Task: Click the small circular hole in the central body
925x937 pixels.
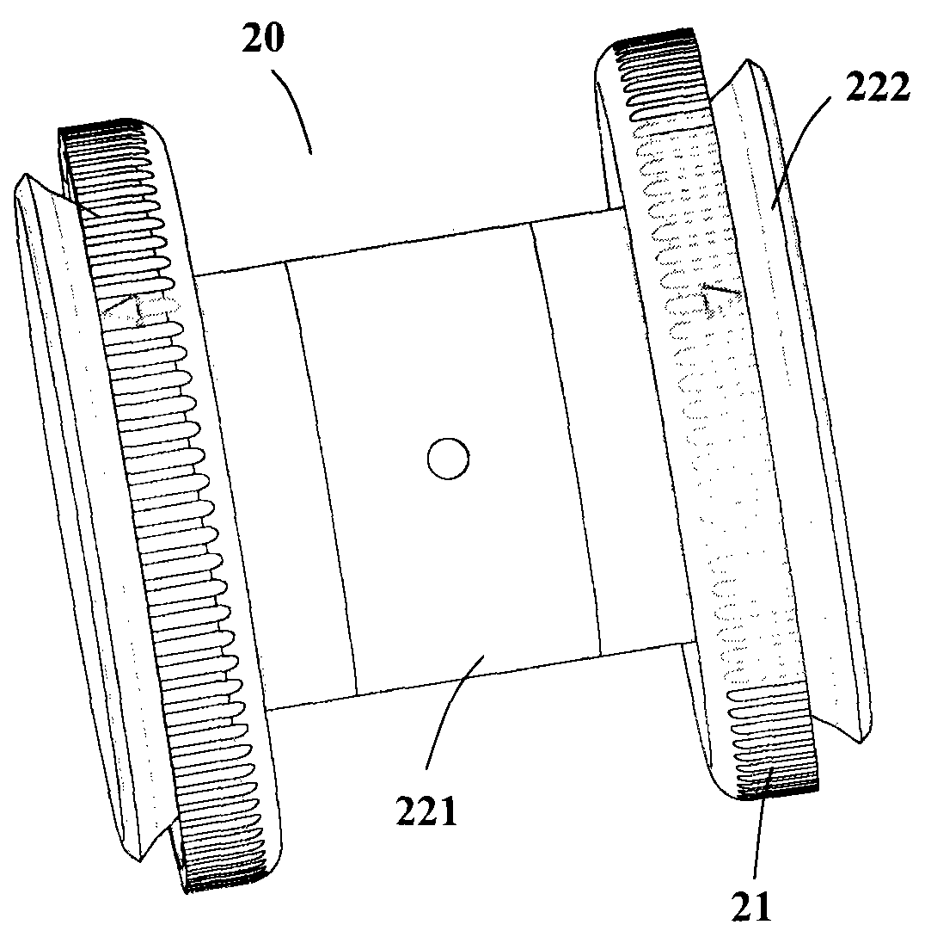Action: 448,459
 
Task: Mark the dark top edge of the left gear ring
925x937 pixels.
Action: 99,130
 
